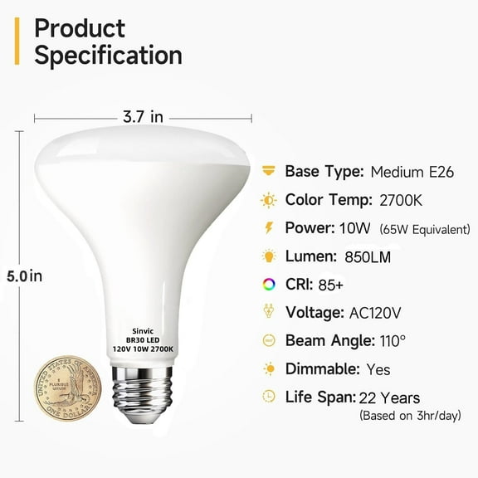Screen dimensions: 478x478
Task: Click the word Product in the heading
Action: [80, 27]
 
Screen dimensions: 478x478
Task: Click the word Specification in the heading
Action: [108, 56]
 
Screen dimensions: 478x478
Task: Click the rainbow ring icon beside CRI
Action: [268, 284]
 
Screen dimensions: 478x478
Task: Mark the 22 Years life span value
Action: [390, 398]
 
